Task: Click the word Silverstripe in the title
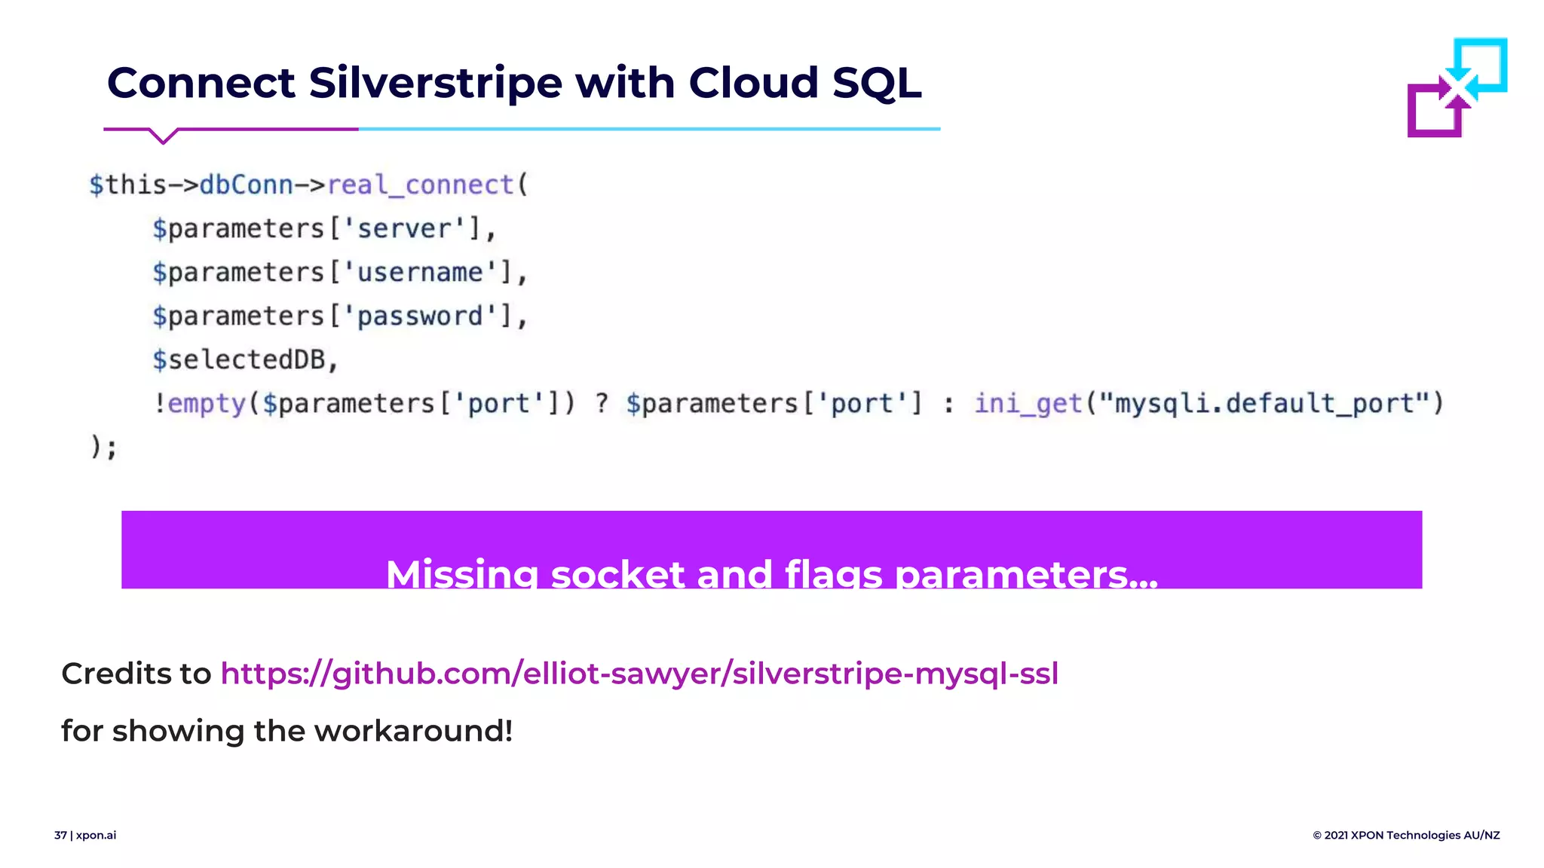(x=435, y=82)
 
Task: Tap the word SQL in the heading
(x=876, y=82)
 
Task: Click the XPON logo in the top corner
(x=1457, y=87)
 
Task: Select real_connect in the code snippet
(x=420, y=185)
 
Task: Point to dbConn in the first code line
(x=246, y=185)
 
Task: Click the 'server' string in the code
(x=404, y=228)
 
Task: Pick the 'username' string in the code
(x=420, y=272)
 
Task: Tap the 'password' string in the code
(x=420, y=316)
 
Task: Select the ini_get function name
(x=1028, y=403)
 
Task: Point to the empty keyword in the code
(x=207, y=403)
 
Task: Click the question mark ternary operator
(x=602, y=403)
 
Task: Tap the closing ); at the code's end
(x=103, y=447)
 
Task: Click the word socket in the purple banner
(x=617, y=574)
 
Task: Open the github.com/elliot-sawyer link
(x=639, y=674)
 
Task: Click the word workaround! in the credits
(x=413, y=731)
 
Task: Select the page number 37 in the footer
(x=60, y=835)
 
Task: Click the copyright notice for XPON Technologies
(x=1406, y=835)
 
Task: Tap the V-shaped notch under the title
(x=163, y=136)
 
